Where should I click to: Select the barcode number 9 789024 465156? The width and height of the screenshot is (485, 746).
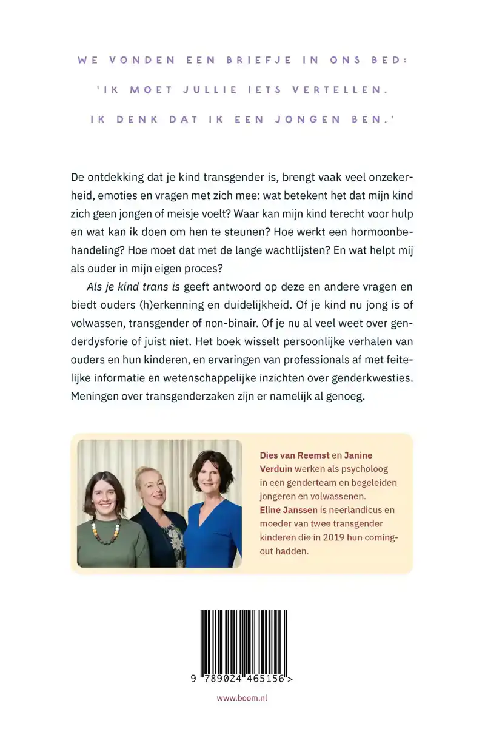click(242, 679)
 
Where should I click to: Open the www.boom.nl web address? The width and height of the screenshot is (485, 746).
click(242, 698)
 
